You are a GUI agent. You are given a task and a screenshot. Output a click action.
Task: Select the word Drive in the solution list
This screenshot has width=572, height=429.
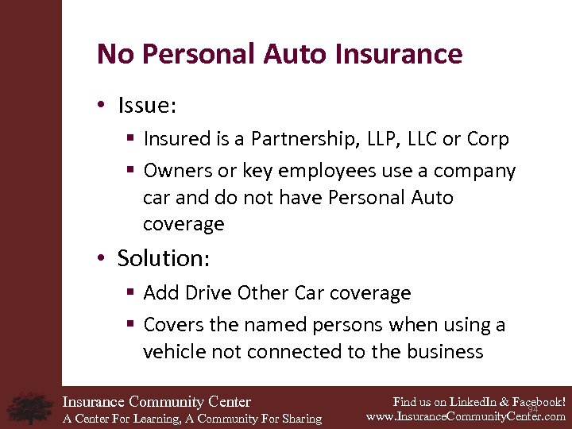[x=208, y=293]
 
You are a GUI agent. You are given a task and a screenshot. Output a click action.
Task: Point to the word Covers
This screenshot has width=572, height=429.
[x=174, y=325]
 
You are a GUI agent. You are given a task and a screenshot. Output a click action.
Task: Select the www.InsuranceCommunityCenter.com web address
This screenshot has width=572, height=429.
[x=466, y=415]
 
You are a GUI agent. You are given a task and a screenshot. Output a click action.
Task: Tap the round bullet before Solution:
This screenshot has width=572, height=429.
[x=100, y=259]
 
